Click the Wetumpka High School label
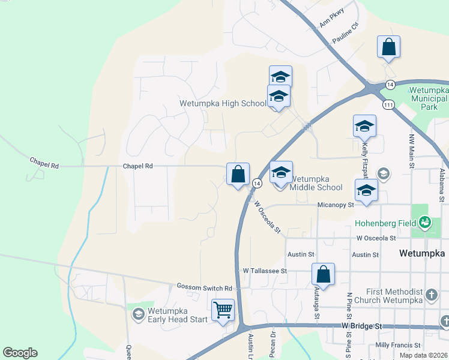223,103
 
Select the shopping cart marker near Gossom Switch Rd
223,310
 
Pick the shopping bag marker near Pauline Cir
388,47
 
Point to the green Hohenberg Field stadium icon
425,223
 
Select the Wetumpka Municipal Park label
428,98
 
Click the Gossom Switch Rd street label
204,288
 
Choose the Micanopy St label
335,205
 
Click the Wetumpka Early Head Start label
177,315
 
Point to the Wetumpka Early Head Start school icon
138,314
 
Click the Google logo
20,352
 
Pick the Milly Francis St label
397,345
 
